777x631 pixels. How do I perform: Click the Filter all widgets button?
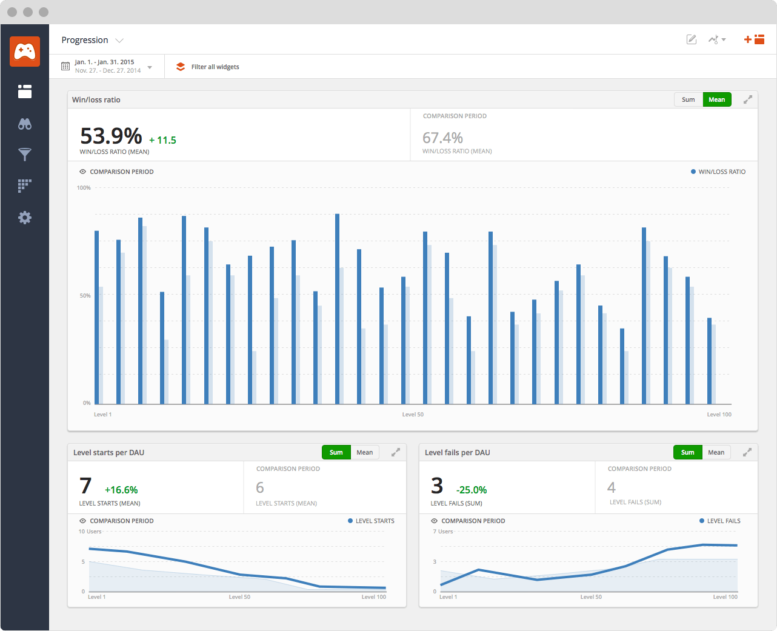coord(208,67)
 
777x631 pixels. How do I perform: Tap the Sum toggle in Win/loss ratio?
coord(688,99)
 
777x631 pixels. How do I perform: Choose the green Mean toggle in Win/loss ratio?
coord(716,99)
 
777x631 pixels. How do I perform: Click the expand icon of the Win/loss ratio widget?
coord(748,99)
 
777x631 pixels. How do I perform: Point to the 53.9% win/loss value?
coord(111,136)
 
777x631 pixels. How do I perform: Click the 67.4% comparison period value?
coord(442,138)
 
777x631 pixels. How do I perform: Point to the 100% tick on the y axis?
coord(84,188)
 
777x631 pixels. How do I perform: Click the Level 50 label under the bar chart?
coord(413,415)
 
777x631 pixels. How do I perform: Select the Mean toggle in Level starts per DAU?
coord(364,452)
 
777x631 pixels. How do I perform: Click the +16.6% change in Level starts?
coord(121,490)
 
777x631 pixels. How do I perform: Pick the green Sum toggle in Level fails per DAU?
coord(687,452)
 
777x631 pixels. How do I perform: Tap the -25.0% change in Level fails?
coord(472,490)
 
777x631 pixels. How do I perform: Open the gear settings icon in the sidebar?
coord(25,218)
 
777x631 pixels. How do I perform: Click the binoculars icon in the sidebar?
coord(25,124)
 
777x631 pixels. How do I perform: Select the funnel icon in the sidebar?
coord(25,155)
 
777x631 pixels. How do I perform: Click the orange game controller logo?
coord(25,52)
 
